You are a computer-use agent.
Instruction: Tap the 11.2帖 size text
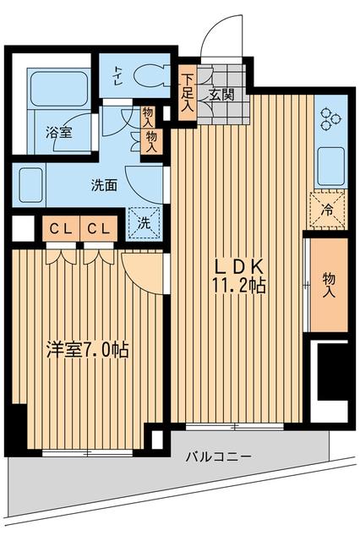[x=239, y=286]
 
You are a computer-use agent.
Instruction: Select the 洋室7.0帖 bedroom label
[x=86, y=349]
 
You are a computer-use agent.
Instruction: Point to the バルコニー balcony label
[x=217, y=457]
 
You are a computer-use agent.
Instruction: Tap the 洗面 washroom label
[x=105, y=186]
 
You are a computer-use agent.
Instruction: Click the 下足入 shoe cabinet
[x=188, y=90]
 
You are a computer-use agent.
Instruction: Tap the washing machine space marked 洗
[x=144, y=224]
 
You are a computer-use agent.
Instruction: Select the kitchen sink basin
[x=330, y=166]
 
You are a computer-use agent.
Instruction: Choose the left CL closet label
[x=58, y=228]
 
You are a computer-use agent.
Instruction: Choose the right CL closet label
[x=98, y=228]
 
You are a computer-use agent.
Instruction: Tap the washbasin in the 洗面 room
[x=31, y=181]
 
